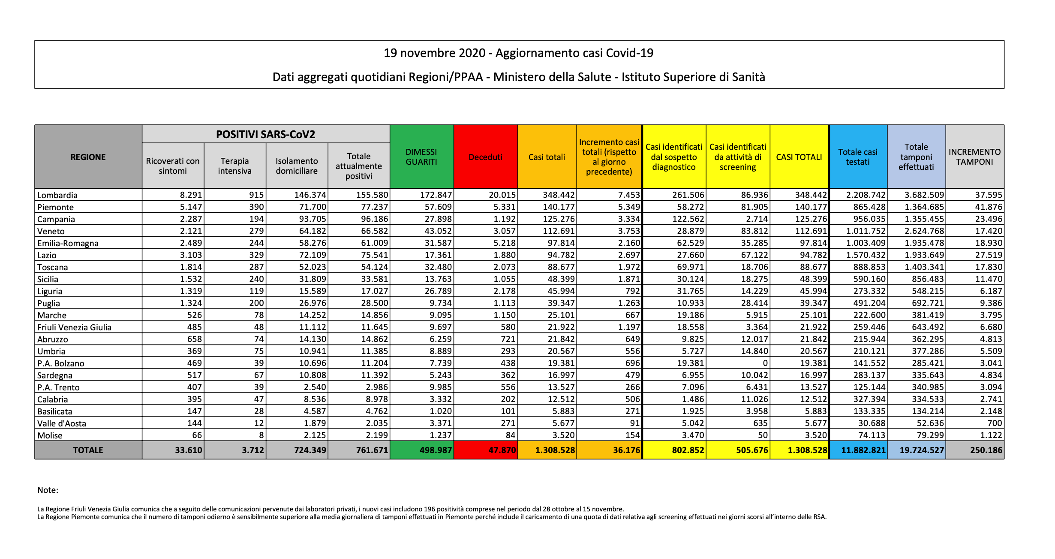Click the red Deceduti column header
click(x=485, y=157)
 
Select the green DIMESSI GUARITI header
click(x=421, y=157)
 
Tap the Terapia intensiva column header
click(x=234, y=166)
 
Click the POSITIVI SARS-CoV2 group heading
click(x=265, y=134)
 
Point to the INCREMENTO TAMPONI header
click(x=974, y=157)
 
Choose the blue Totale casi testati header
click(x=858, y=157)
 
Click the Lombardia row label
click(x=57, y=195)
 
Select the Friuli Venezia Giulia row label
click(x=74, y=327)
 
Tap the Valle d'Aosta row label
click(x=62, y=423)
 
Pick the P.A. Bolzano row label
click(x=60, y=363)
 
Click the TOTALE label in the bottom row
click(x=88, y=450)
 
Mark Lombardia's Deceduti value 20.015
click(x=502, y=195)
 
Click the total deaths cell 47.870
click(x=502, y=450)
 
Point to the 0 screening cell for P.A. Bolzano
click(x=765, y=363)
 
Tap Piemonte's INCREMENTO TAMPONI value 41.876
click(x=989, y=207)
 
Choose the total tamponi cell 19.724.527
click(x=922, y=450)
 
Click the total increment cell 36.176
click(x=626, y=450)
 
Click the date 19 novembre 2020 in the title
click(x=434, y=53)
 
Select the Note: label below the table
click(x=48, y=490)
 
